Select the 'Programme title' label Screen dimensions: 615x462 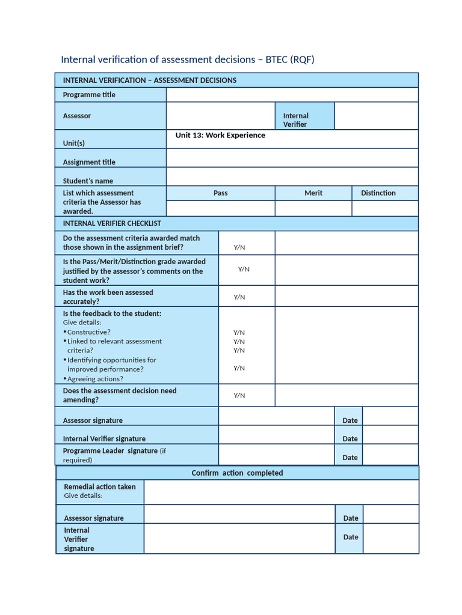click(89, 95)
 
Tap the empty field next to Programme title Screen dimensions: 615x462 click(292, 95)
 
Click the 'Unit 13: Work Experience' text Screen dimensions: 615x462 click(220, 136)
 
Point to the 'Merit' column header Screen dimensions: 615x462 click(313, 193)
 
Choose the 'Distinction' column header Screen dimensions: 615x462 click(378, 193)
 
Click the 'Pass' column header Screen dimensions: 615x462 click(220, 193)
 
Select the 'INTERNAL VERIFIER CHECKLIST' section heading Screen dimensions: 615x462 click(112, 223)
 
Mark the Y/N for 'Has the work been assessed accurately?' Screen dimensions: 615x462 click(239, 297)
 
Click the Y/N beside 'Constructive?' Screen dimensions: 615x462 click(239, 333)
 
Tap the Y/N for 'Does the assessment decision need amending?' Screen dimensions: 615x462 click(239, 396)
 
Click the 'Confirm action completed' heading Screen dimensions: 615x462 click(237, 473)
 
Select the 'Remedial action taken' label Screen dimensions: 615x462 click(100, 487)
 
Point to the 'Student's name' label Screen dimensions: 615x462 click(88, 181)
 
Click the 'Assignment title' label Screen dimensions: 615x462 click(89, 162)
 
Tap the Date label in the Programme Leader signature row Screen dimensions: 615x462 click(350, 458)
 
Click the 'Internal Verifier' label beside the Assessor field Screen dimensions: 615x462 click(295, 120)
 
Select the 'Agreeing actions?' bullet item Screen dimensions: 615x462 click(95, 379)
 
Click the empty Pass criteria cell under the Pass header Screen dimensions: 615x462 click(220, 208)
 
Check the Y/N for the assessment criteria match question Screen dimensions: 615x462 click(239, 247)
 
